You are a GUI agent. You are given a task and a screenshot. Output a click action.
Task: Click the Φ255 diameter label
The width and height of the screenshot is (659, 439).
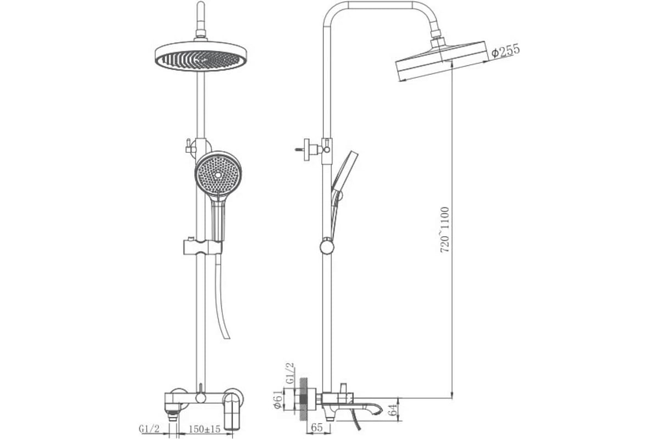click(x=505, y=50)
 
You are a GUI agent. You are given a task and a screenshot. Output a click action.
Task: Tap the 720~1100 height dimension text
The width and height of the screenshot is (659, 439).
click(x=445, y=229)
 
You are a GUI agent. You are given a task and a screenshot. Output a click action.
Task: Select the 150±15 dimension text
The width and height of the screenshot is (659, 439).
click(x=204, y=429)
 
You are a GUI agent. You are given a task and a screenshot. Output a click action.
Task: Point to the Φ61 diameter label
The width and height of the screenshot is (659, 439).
click(x=278, y=401)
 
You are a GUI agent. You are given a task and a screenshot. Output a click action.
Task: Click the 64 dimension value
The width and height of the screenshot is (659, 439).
click(x=392, y=409)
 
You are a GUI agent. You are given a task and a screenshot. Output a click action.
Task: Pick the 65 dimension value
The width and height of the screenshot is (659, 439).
click(x=316, y=428)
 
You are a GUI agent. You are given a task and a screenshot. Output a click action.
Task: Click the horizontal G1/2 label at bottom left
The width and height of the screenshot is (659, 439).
click(x=149, y=429)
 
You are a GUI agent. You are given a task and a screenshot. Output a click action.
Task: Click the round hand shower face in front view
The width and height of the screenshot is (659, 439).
click(x=218, y=175)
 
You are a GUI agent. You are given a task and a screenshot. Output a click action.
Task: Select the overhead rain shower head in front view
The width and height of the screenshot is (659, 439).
click(x=201, y=56)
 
